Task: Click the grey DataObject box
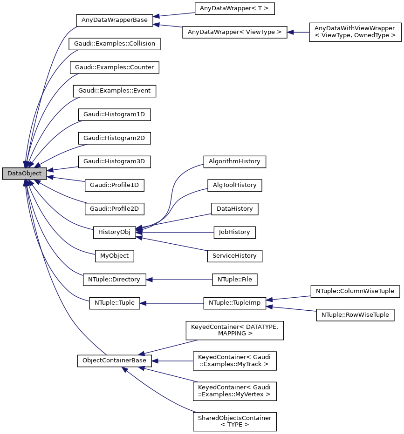pyautogui.click(x=24, y=174)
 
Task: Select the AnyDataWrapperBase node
pyautogui.click(x=114, y=20)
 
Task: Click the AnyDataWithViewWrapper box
pyautogui.click(x=355, y=32)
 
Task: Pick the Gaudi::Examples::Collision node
pyautogui.click(x=114, y=44)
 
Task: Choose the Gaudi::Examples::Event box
pyautogui.click(x=114, y=91)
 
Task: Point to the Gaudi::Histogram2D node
pyautogui.click(x=114, y=138)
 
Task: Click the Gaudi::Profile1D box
pyautogui.click(x=114, y=185)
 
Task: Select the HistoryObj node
pyautogui.click(x=114, y=231)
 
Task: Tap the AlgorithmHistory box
pyautogui.click(x=234, y=161)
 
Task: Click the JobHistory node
pyautogui.click(x=234, y=232)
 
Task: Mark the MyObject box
pyautogui.click(x=114, y=255)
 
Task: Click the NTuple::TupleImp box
pyautogui.click(x=234, y=303)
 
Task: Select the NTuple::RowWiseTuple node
pyautogui.click(x=355, y=315)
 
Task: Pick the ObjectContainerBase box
pyautogui.click(x=114, y=361)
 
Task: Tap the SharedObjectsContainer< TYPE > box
pyautogui.click(x=234, y=421)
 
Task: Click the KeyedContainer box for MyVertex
pyautogui.click(x=234, y=391)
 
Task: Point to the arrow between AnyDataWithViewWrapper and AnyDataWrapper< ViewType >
pyautogui.click(x=298, y=32)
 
